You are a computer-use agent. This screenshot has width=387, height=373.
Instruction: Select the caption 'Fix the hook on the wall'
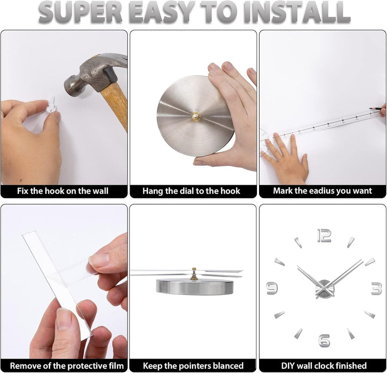coord(63,191)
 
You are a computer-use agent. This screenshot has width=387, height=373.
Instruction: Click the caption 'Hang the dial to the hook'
coord(191,191)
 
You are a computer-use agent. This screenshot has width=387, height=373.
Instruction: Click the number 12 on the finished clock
coord(324,236)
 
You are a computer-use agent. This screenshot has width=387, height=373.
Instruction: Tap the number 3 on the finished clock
coord(376,288)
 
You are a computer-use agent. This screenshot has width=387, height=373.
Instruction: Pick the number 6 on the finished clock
coord(324,341)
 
